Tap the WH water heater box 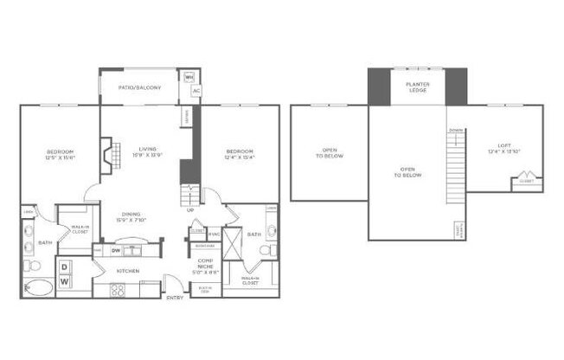click(190, 75)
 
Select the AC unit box click(196, 91)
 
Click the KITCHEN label click(129, 271)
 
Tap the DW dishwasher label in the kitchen click(117, 251)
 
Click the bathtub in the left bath click(38, 288)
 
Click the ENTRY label click(176, 299)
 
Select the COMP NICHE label click(205, 264)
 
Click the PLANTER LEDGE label click(418, 87)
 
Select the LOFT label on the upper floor click(504, 148)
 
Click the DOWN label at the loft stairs click(455, 131)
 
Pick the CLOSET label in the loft click(526, 182)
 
